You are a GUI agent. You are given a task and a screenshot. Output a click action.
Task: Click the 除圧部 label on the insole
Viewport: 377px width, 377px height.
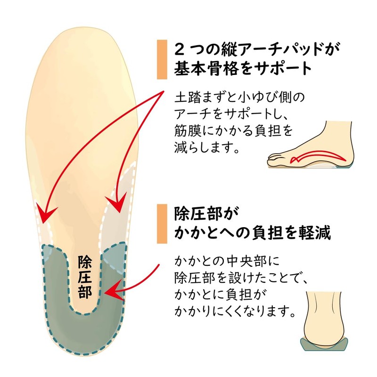[86, 278]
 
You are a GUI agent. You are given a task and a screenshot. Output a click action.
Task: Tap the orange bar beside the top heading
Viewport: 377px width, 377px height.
[162, 59]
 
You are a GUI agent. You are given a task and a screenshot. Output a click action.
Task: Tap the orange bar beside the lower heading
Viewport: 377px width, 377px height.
[162, 224]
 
